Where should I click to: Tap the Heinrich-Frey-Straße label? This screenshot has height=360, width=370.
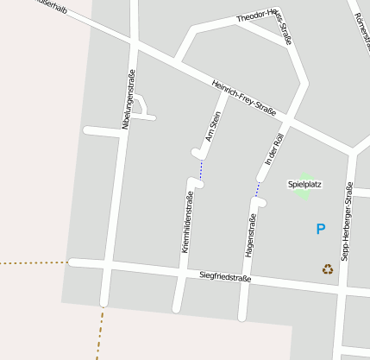[x=244, y=96]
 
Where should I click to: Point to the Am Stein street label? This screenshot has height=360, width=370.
[x=213, y=127]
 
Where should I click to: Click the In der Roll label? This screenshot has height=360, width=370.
[x=274, y=149]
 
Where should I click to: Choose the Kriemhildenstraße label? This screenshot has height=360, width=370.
[x=187, y=221]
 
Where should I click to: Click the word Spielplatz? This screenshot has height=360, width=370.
[x=304, y=184]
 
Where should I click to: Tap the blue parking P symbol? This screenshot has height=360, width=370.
[x=321, y=229]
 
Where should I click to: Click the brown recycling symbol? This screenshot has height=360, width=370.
[x=328, y=268]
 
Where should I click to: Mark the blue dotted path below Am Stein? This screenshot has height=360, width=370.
[x=201, y=168]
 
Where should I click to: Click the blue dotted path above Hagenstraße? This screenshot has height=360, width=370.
[x=257, y=189]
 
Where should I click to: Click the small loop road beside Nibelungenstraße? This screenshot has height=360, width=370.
[x=142, y=104]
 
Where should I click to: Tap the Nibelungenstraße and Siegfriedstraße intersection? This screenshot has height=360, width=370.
[x=109, y=265]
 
